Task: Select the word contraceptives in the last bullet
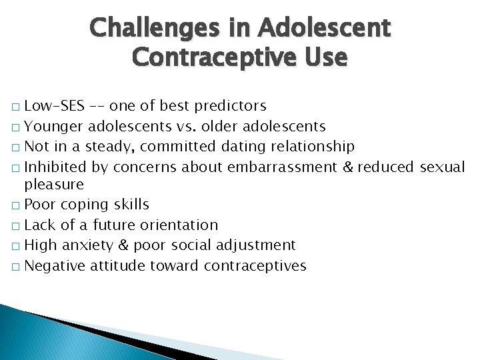point(257,265)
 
